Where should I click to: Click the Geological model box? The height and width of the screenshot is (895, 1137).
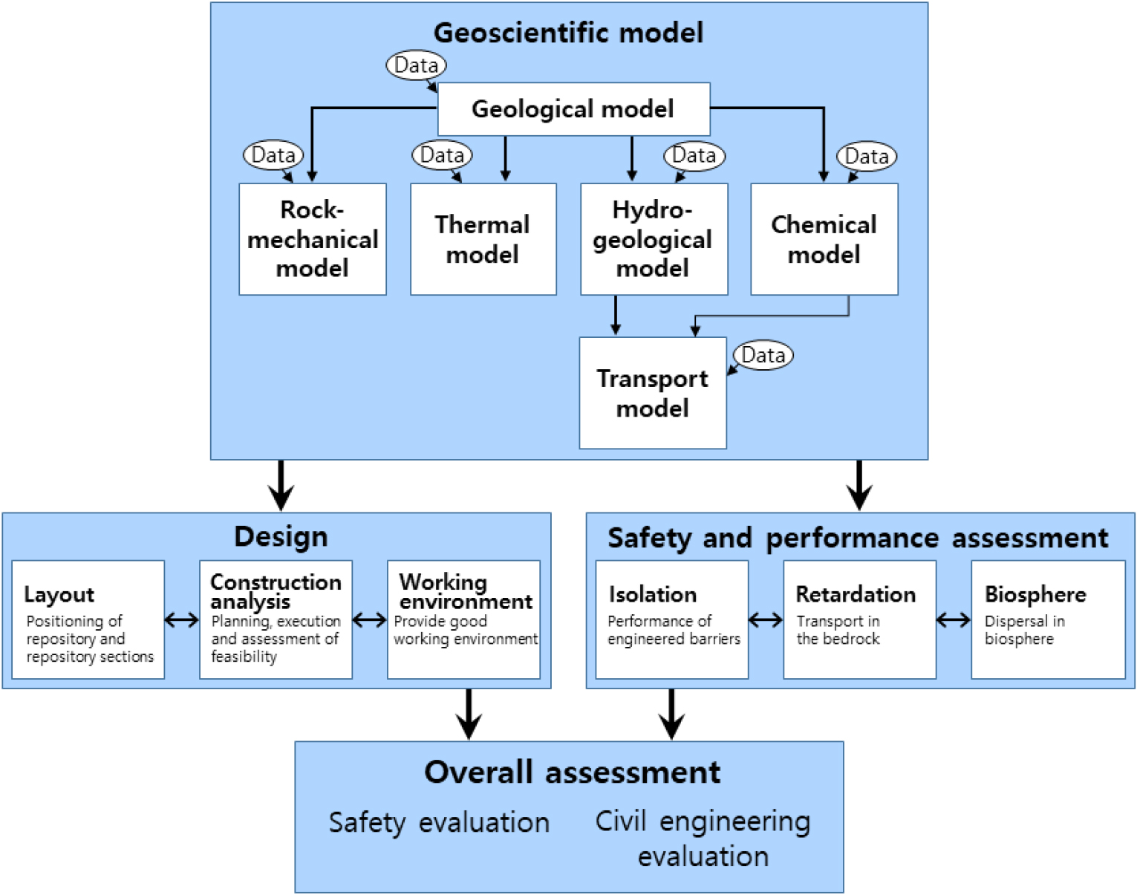(x=573, y=109)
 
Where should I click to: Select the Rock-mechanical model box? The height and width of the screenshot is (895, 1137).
(x=313, y=239)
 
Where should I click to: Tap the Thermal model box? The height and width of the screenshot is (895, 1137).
(x=483, y=239)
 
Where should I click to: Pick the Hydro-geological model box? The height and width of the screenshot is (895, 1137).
(x=654, y=239)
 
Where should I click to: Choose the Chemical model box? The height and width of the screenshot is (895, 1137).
(x=824, y=239)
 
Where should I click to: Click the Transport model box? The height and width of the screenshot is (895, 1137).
(x=653, y=393)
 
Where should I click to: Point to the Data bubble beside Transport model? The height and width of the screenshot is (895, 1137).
(x=763, y=355)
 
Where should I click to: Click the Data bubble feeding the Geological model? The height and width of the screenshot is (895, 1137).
(x=416, y=65)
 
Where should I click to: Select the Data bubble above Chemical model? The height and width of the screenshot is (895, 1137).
(x=867, y=156)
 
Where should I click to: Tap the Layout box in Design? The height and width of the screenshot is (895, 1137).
(x=88, y=619)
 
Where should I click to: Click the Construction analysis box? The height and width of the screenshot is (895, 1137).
(x=276, y=619)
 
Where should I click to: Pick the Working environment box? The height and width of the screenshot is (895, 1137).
(x=463, y=619)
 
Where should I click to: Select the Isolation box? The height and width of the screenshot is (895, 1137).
(x=671, y=619)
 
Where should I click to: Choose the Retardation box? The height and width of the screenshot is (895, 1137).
(x=859, y=619)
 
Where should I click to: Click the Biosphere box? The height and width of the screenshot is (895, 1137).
(x=1048, y=619)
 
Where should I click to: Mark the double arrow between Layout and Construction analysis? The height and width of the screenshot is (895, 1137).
(x=182, y=619)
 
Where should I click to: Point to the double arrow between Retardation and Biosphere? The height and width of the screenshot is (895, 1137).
(x=954, y=619)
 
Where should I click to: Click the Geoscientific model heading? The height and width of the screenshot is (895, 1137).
(x=569, y=33)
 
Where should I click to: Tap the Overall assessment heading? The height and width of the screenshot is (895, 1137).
(x=572, y=772)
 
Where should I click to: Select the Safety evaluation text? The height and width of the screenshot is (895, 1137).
(x=439, y=823)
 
